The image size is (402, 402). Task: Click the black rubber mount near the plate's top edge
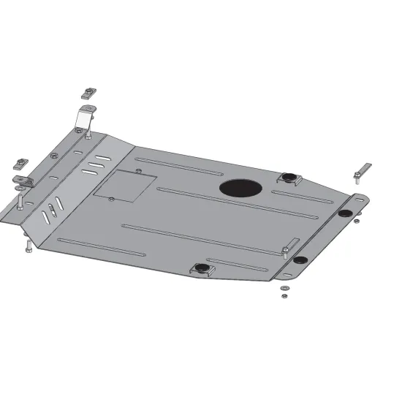click(287, 176)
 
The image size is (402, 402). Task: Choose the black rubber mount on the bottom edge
click(201, 268)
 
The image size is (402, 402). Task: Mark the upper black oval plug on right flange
click(344, 213)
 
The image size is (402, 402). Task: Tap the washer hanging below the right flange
click(283, 289)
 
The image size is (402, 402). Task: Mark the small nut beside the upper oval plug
click(355, 221)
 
